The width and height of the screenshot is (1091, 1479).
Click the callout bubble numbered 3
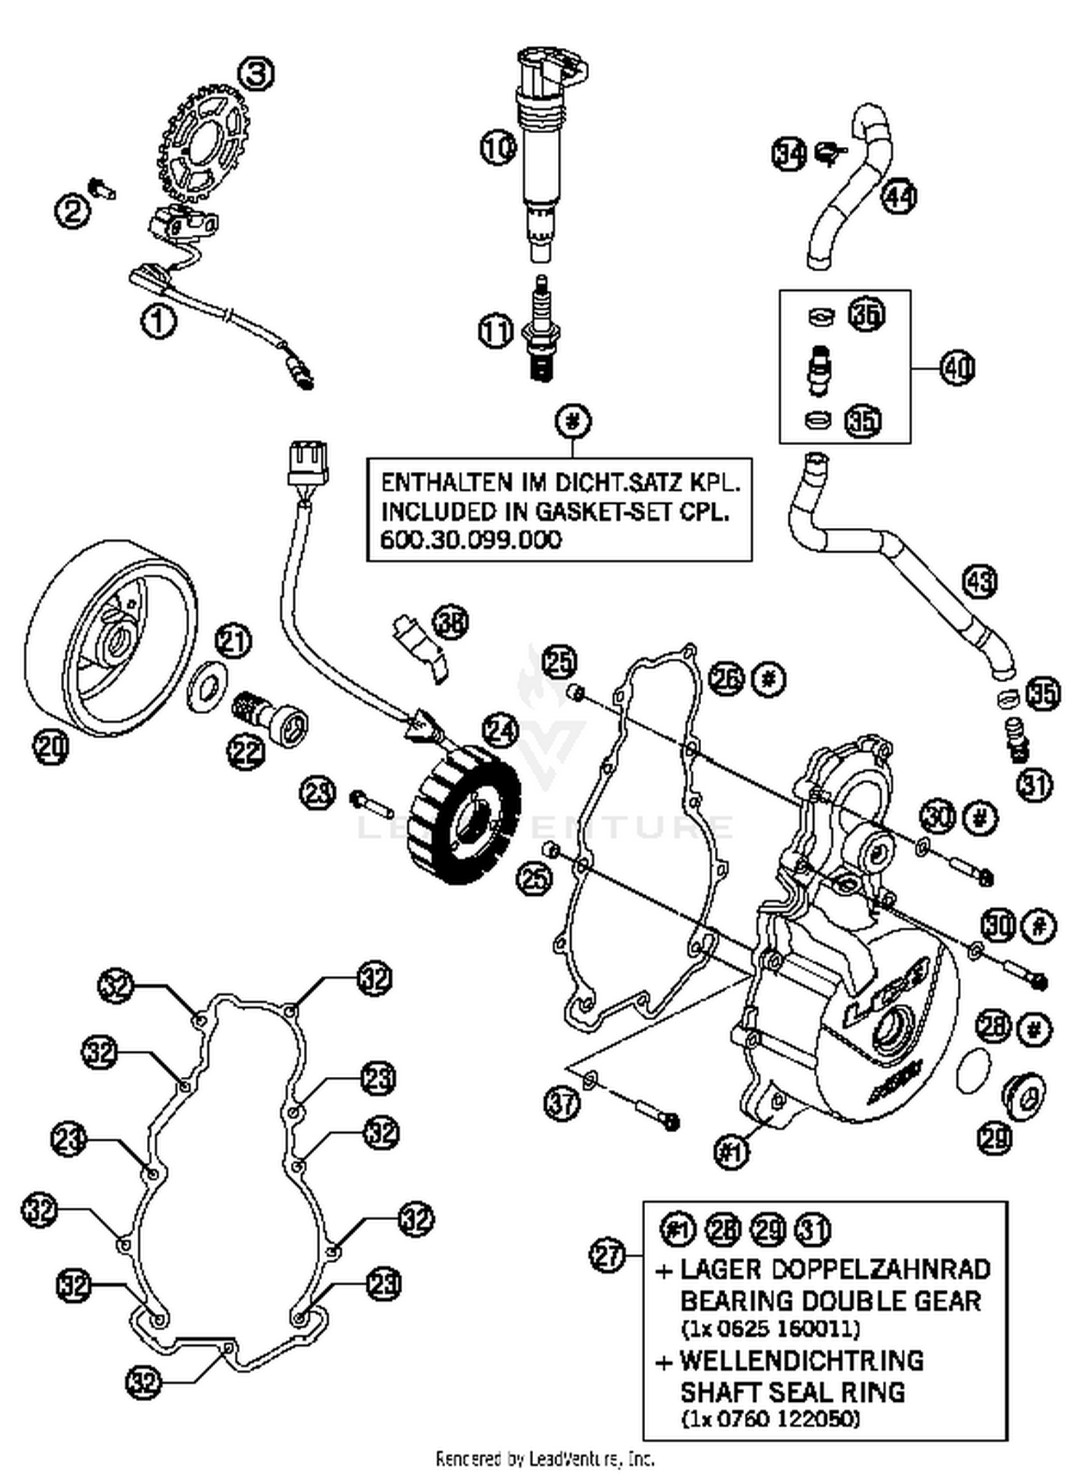[256, 73]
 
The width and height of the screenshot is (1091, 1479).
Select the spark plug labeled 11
[541, 332]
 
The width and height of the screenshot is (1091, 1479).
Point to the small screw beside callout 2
[103, 188]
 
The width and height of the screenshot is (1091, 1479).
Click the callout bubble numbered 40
[957, 368]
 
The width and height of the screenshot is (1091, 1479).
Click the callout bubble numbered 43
[980, 581]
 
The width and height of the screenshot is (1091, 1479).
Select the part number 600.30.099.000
[471, 540]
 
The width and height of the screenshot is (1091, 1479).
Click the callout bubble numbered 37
[562, 1103]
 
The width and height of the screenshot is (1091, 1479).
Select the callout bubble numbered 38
[451, 622]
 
